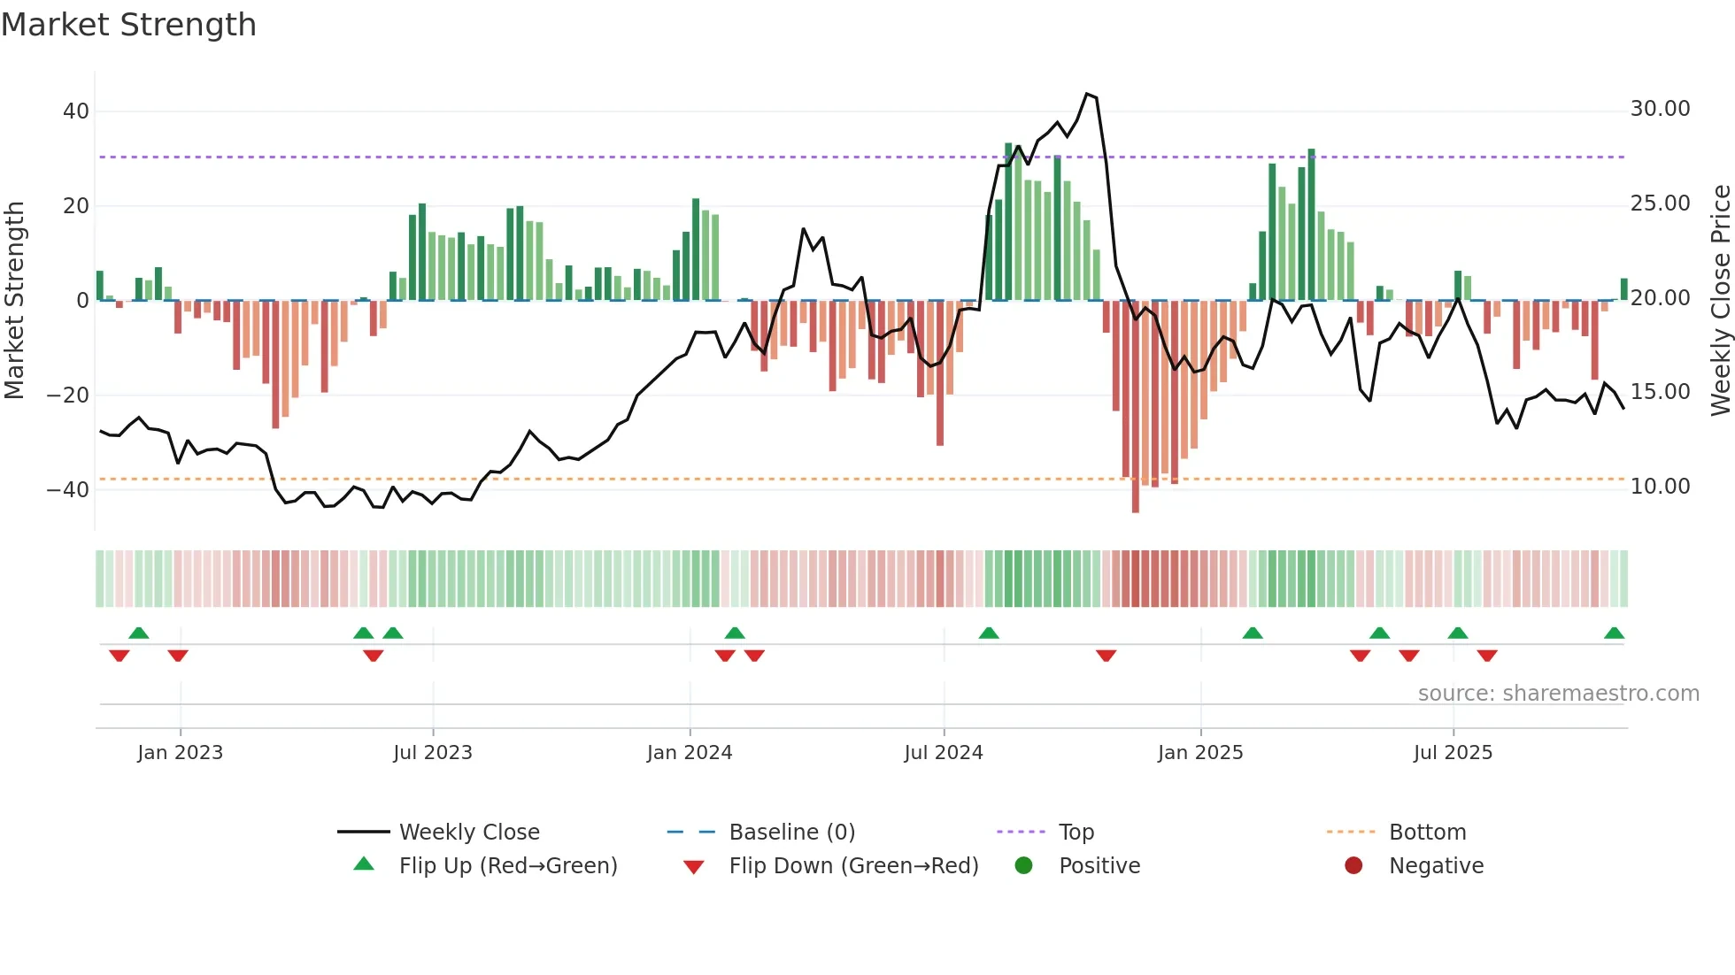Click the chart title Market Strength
(128, 25)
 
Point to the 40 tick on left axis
(76, 111)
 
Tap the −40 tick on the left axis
(69, 489)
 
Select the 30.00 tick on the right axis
(1660, 109)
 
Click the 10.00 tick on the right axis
(1660, 487)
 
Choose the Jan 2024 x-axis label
(690, 753)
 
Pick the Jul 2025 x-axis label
(1453, 753)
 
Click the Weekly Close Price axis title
(1720, 300)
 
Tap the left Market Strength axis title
(14, 300)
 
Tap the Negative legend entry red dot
(1353, 866)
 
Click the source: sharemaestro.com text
(1558, 694)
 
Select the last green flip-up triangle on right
(1614, 633)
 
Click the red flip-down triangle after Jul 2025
(1487, 656)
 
